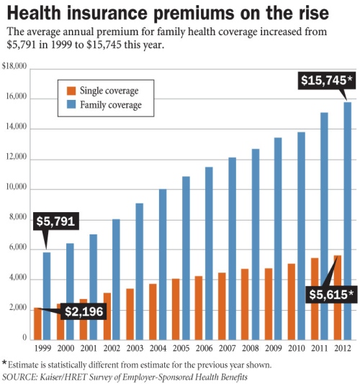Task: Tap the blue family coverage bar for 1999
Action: [x=47, y=295]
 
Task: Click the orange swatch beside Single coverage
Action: [x=70, y=91]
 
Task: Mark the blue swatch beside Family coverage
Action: [x=70, y=105]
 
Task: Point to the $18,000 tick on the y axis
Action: [x=14, y=67]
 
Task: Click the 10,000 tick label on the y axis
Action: [x=15, y=188]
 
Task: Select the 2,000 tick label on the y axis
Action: [x=17, y=308]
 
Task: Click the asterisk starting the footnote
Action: [x=5, y=363]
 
